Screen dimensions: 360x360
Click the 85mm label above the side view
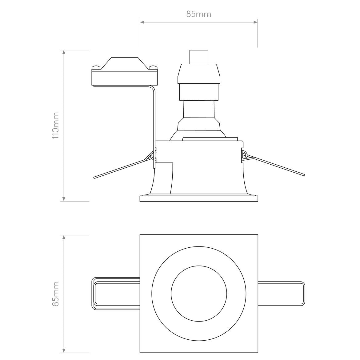[198, 14]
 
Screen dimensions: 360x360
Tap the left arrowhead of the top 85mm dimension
[142, 22]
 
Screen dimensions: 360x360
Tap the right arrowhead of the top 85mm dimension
[255, 22]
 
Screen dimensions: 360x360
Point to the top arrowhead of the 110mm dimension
[64, 52]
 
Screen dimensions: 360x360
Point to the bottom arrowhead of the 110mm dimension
[64, 199]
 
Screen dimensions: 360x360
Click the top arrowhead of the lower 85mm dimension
[64, 237]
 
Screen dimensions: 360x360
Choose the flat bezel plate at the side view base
[199, 198]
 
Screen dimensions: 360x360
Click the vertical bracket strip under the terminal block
[154, 123]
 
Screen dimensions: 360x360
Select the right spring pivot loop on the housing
[244, 155]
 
